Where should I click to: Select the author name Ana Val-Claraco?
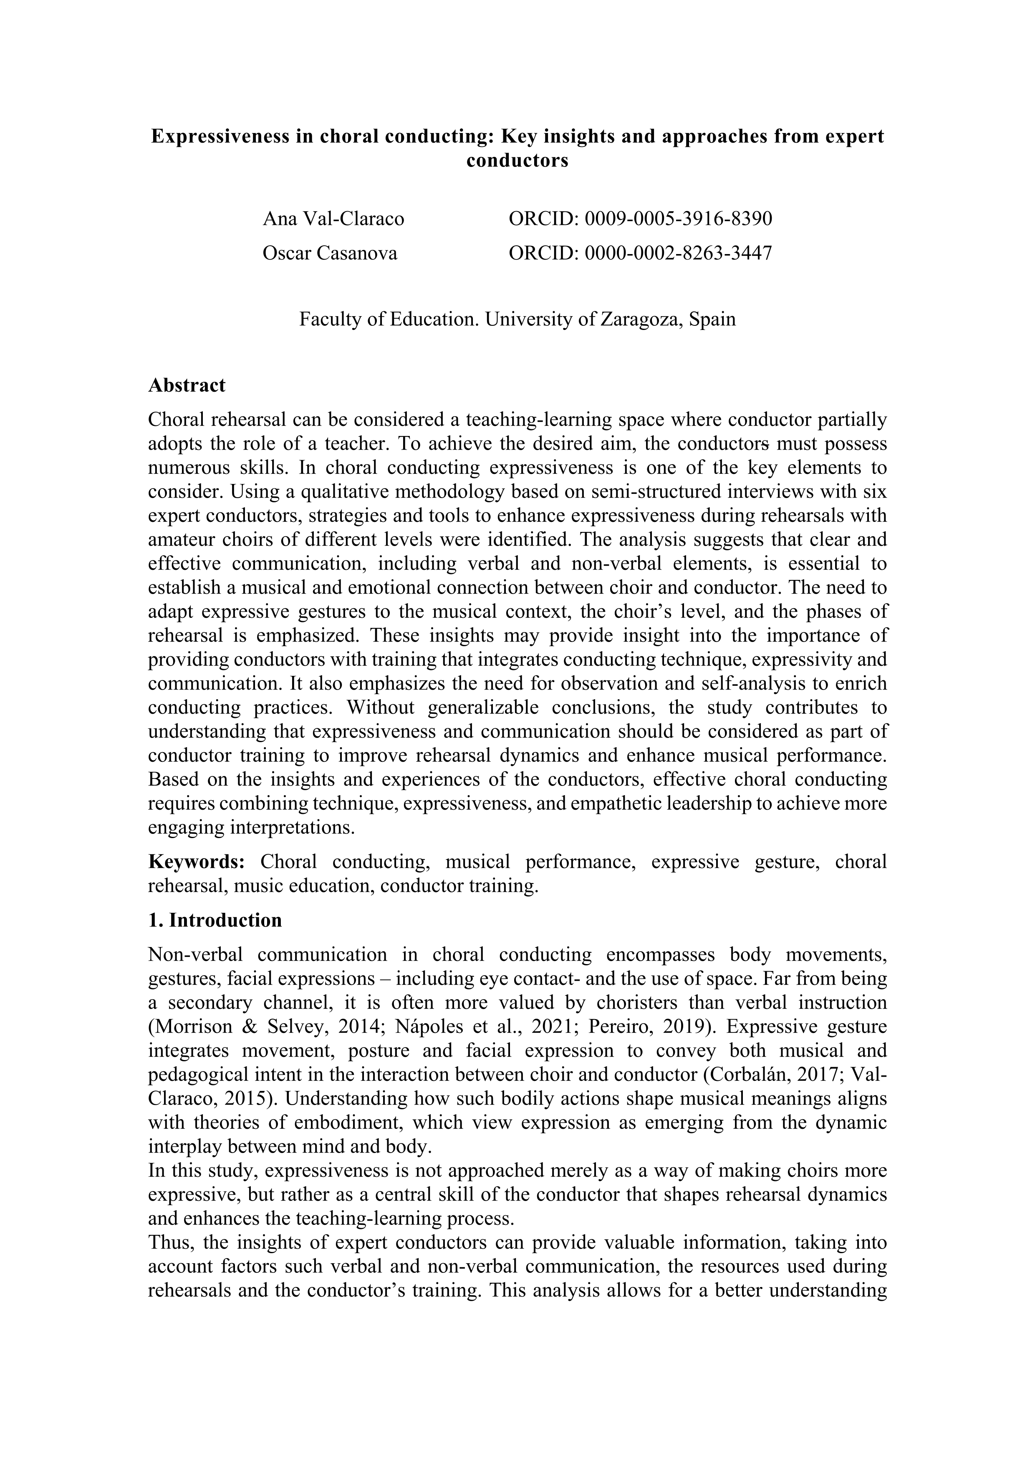point(333,219)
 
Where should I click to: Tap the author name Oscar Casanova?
point(330,253)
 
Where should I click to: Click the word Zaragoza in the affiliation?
point(642,319)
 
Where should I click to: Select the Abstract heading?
point(187,385)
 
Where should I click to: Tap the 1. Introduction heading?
point(215,920)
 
